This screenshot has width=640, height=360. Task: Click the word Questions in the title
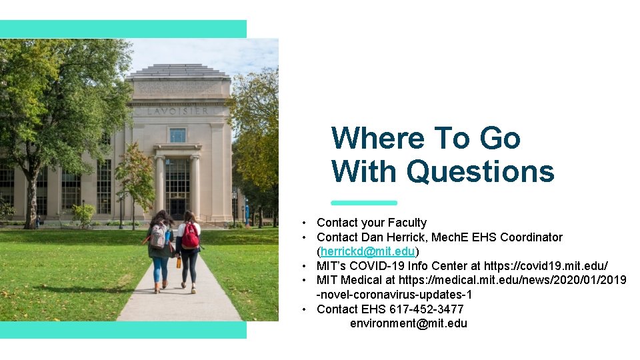click(x=480, y=171)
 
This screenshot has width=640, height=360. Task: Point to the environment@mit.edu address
click(x=408, y=323)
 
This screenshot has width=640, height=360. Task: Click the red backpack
click(x=190, y=236)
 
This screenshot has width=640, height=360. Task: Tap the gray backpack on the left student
click(x=159, y=236)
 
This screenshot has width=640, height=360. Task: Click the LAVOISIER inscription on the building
click(x=177, y=111)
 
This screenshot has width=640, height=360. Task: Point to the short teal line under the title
click(x=364, y=203)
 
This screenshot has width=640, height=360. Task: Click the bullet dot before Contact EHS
click(x=303, y=309)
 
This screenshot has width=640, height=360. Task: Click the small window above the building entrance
click(x=177, y=135)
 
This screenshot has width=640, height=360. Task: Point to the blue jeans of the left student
click(x=161, y=270)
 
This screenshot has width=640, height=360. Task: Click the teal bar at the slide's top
click(x=123, y=29)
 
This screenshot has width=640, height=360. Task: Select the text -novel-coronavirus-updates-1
click(x=394, y=295)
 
